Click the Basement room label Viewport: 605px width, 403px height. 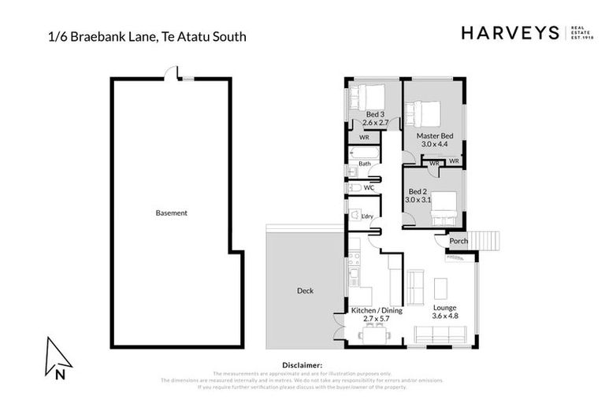pos(171,213)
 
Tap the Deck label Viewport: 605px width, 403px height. pos(305,290)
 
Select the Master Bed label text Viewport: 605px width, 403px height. pos(434,135)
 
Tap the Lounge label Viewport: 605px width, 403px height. pos(444,307)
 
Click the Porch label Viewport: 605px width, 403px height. pos(458,242)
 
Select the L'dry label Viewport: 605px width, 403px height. pos(366,216)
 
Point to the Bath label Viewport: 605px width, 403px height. pos(365,164)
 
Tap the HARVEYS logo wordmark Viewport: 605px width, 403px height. pos(510,33)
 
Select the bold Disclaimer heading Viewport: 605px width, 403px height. pos(302,365)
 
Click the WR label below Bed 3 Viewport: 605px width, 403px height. pos(364,137)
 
